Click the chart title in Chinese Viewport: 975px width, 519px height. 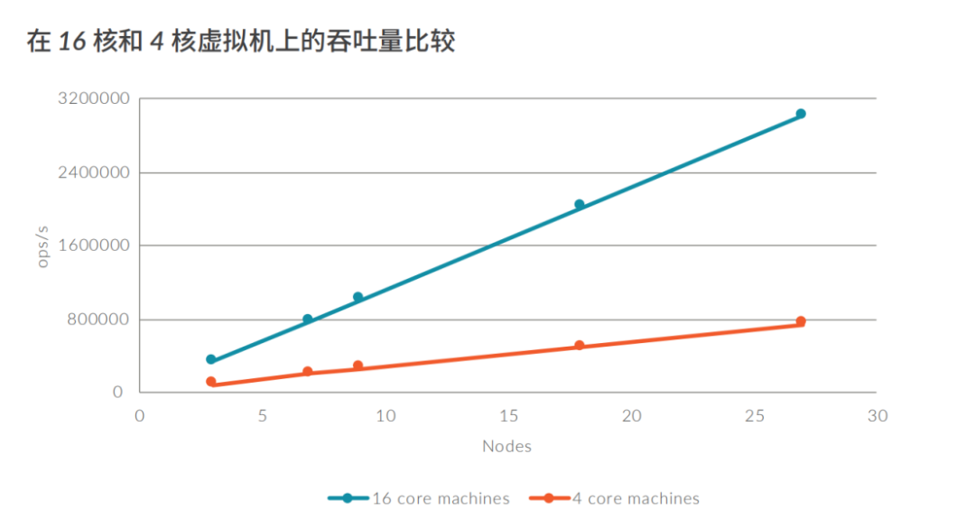tap(241, 42)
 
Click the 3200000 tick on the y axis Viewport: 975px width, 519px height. tap(94, 98)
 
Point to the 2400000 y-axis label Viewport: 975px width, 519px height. tap(94, 172)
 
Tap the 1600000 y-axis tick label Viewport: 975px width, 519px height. tap(94, 246)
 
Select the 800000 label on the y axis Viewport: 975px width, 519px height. tap(98, 320)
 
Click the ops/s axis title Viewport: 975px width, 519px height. tap(42, 246)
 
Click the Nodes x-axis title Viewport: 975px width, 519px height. tap(506, 446)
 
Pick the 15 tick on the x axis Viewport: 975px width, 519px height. tap(508, 416)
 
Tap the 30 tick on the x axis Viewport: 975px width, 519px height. tap(877, 416)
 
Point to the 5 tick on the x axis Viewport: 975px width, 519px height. tap(262, 416)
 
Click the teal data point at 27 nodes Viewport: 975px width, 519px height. tap(801, 114)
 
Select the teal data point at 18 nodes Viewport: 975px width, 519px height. tap(580, 205)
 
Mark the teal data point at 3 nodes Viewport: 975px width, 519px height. tap(211, 359)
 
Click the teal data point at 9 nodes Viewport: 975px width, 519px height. tap(358, 297)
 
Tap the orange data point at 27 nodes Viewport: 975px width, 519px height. tap(801, 321)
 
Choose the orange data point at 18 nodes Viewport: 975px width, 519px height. tap(580, 346)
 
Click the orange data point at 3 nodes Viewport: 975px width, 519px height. tap(211, 382)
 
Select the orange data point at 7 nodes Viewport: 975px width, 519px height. tap(308, 371)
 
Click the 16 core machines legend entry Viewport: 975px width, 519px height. tap(420, 498)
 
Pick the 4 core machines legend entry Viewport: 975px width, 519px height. tap(614, 498)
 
